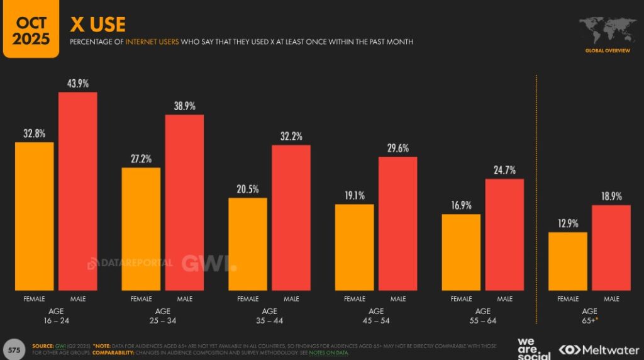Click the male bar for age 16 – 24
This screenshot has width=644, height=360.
tap(78, 191)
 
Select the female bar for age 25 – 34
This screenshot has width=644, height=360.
tap(141, 229)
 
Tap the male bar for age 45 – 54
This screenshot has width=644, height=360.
tap(397, 223)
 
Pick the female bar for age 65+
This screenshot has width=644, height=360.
tap(568, 261)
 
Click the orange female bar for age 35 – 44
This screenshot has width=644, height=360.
tap(248, 244)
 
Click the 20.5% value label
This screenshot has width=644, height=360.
tap(248, 189)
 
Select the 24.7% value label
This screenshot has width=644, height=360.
tap(504, 170)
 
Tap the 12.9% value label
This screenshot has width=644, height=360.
tap(568, 223)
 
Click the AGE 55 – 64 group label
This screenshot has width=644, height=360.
tap(483, 316)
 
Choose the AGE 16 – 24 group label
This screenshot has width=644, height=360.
tap(56, 316)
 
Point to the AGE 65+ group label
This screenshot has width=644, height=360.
tap(589, 316)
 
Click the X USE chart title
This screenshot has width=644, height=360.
tap(97, 25)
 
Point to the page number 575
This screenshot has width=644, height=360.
tap(14, 349)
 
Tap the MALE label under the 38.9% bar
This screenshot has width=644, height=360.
tap(185, 299)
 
